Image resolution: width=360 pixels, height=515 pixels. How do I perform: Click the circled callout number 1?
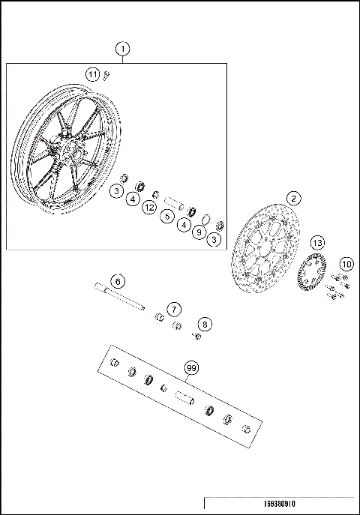(x=123, y=49)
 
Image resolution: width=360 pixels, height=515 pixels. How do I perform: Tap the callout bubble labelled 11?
(x=91, y=74)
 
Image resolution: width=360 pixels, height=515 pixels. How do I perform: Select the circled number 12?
(x=149, y=206)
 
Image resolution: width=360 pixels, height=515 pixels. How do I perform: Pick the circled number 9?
(x=199, y=232)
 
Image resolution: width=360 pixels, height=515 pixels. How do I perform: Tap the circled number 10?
(x=346, y=263)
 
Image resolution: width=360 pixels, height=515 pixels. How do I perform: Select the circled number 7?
(x=174, y=309)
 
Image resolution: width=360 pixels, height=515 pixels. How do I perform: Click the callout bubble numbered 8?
(x=205, y=324)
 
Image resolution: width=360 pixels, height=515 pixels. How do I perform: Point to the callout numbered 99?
(x=192, y=368)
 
